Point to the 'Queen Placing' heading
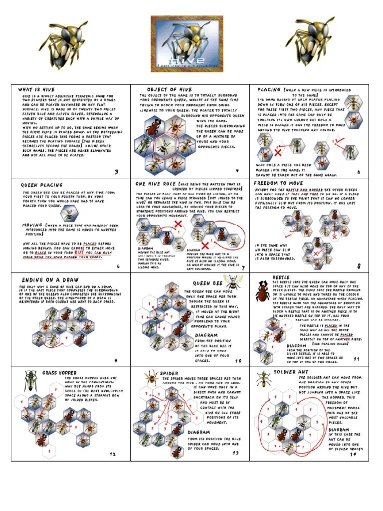pos(42,185)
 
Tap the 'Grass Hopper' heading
pos(59,373)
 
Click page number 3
pos(116,172)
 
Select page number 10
pos(238,360)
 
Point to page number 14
pos(353,454)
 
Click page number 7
pos(242,267)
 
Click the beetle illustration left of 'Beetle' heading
pos(262,290)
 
